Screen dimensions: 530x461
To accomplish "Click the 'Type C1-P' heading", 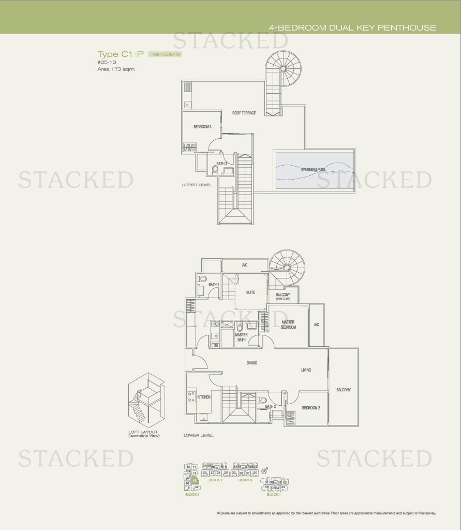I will tap(121, 54).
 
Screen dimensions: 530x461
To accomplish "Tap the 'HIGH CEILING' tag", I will tap(165, 54).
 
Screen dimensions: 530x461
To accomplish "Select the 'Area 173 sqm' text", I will tap(116, 69).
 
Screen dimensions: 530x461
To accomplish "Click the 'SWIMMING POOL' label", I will tap(314, 169).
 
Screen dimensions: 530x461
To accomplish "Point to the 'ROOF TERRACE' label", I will tap(244, 113).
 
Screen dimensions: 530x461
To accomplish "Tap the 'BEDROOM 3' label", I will tap(202, 126).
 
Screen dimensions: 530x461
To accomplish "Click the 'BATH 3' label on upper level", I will tap(222, 164).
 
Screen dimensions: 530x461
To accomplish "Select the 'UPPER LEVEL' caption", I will tap(197, 185).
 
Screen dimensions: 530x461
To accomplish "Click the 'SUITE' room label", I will tap(250, 292).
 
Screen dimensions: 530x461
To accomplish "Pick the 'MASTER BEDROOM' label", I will tap(288, 325).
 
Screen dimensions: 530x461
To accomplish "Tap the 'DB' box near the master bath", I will tap(215, 346).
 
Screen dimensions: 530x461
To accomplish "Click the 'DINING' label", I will tap(251, 363).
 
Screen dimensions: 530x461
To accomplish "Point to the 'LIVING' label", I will tap(306, 370).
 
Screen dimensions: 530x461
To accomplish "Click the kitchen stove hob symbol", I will tap(191, 397).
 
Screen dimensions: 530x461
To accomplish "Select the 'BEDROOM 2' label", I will tap(311, 408).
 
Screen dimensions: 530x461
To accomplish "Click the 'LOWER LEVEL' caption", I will tap(198, 435).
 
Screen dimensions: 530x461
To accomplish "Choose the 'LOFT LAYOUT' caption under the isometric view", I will tap(143, 432).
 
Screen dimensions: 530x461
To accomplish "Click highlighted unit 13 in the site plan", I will tap(194, 480).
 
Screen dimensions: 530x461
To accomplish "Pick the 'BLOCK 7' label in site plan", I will tap(215, 480).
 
